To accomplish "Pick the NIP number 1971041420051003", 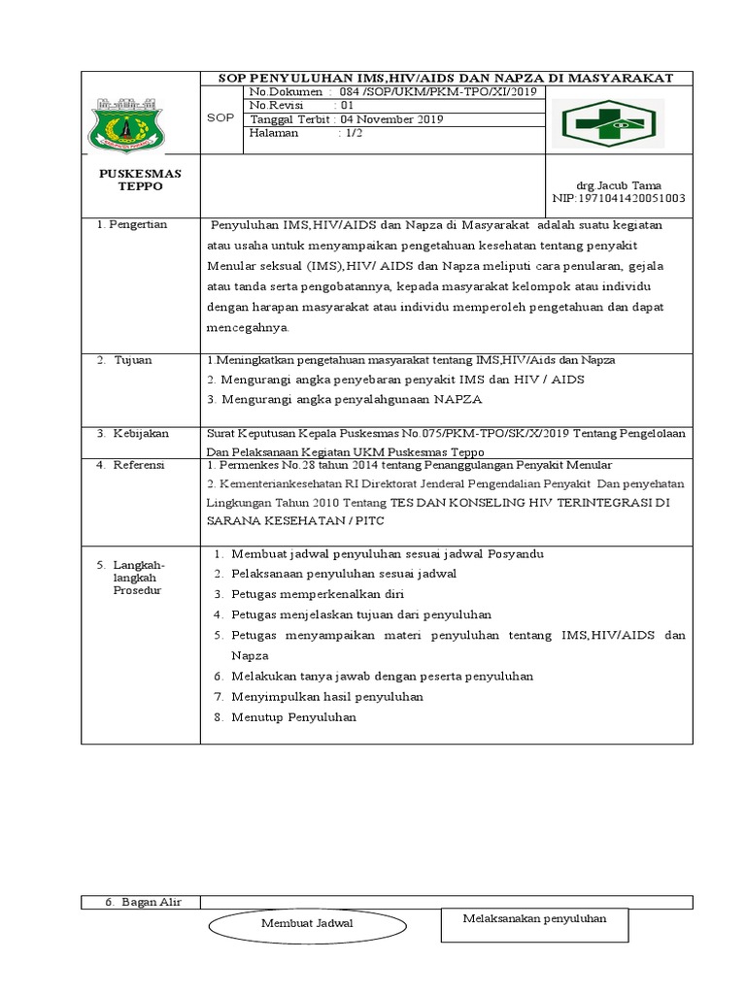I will (619, 198).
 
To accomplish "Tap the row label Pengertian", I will (139, 225).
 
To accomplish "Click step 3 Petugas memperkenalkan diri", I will (318, 594).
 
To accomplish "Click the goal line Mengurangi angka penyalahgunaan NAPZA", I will (342, 399).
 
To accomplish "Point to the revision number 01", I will (347, 105).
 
